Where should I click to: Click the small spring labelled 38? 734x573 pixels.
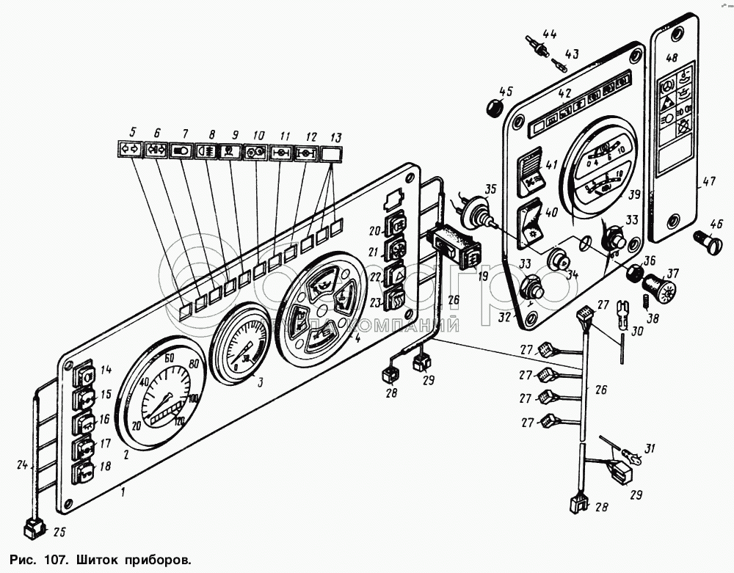point(639,299)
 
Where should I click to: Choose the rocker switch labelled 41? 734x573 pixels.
point(534,172)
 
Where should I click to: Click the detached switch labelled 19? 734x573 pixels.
point(454,246)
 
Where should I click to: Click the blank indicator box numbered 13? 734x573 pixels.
point(333,154)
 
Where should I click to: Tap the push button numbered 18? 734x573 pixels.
point(84,470)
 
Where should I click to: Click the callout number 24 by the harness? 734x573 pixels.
point(21,464)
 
